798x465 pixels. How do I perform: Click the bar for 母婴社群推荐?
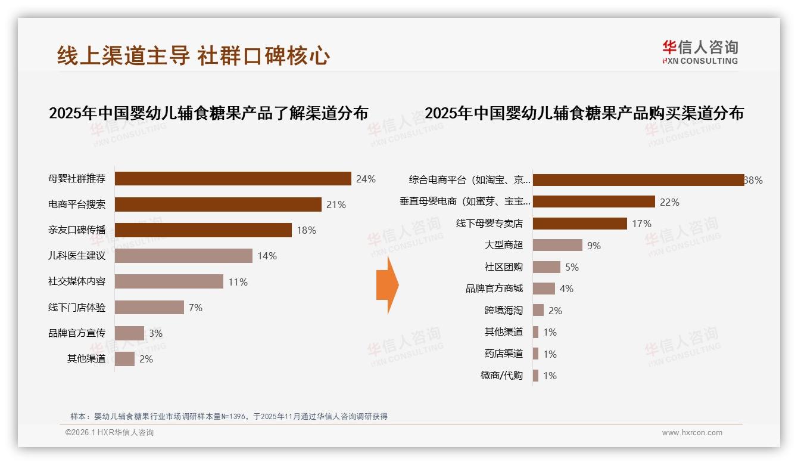233,179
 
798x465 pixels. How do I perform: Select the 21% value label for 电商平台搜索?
336,204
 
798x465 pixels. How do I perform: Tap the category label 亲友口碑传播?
77,230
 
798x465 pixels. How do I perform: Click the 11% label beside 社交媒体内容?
238,282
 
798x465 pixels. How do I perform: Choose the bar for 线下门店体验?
149,307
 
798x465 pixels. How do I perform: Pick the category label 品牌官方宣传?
77,333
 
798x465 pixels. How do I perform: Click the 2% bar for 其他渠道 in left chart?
124,359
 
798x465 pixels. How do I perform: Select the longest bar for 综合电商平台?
638,180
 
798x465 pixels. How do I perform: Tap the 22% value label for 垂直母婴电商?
669,202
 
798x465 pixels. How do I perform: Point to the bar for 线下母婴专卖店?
579,224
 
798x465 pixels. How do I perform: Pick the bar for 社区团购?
546,267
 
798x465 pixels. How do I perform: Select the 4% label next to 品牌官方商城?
566,289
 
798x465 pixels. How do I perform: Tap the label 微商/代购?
501,376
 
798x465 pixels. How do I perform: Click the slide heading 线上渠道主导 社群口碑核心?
194,55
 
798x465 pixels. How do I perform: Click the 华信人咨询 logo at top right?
700,52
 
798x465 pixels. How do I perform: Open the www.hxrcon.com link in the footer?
692,433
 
